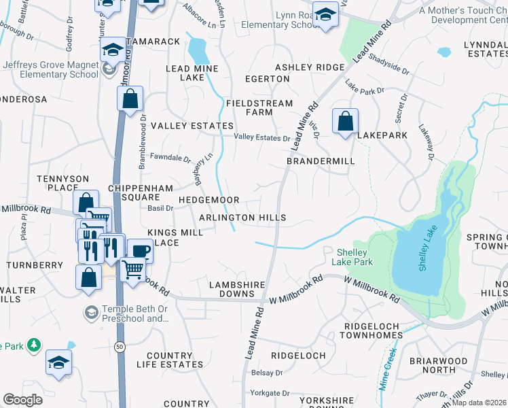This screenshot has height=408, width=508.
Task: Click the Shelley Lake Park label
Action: coord(352,256)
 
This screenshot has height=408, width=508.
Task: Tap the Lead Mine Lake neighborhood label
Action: coord(192,73)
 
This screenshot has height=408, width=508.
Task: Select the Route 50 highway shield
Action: coord(120,347)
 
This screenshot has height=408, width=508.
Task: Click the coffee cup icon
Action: coord(141,250)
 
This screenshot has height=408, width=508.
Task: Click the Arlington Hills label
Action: coord(242,218)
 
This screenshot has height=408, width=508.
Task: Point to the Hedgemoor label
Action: coord(208,200)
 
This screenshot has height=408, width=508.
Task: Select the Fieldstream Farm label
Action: coord(259,107)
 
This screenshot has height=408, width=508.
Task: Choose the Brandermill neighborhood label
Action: coord(321,161)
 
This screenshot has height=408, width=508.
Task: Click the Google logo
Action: coord(22,400)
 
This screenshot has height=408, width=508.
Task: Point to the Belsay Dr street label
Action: coord(266,373)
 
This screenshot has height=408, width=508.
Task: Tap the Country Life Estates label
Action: coord(169,360)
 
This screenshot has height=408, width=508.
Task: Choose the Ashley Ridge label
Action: coord(310,67)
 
